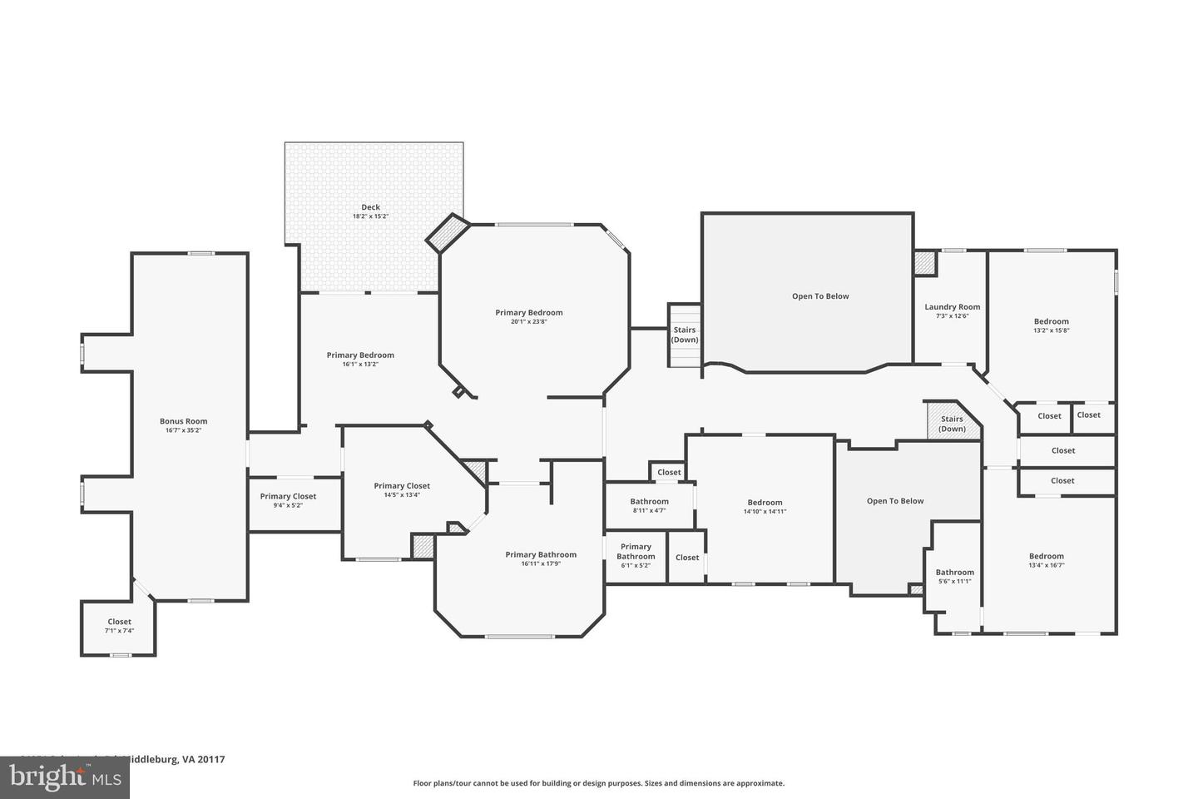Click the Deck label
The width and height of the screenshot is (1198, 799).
(370, 208)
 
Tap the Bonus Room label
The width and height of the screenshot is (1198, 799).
(184, 422)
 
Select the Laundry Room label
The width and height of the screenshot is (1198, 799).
(952, 307)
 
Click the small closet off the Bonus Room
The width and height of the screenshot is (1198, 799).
(119, 626)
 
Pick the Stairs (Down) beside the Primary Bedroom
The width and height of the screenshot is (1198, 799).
(685, 335)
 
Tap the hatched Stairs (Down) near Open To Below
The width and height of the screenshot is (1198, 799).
(952, 424)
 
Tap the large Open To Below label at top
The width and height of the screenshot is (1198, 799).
(819, 296)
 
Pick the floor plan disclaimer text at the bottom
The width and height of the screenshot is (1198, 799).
(598, 783)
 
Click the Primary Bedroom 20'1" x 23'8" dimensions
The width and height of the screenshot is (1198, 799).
(529, 322)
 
